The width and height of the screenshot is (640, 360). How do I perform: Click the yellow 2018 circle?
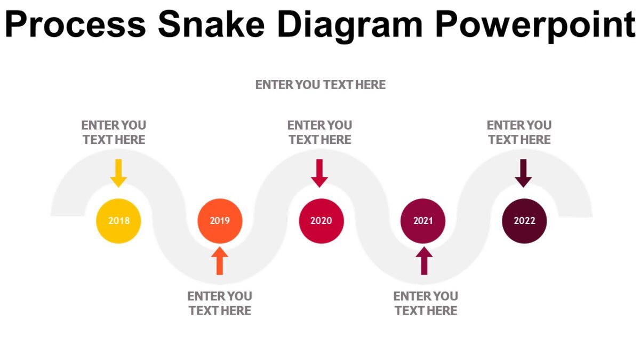click(118, 221)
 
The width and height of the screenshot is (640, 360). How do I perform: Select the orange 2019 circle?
click(220, 221)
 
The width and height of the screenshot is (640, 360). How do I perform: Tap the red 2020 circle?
click(321, 221)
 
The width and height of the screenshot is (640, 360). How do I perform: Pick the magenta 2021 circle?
click(423, 221)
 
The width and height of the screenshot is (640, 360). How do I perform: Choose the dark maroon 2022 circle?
click(524, 221)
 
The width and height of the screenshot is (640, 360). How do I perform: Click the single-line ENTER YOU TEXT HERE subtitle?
click(320, 85)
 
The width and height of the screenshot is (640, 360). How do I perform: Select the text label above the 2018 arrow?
click(114, 132)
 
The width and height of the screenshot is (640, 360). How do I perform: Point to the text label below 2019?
click(220, 303)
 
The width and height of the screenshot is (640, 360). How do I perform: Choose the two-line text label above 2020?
click(319, 132)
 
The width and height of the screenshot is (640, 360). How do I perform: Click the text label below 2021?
click(426, 303)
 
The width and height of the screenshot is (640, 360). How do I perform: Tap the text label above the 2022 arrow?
click(519, 132)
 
